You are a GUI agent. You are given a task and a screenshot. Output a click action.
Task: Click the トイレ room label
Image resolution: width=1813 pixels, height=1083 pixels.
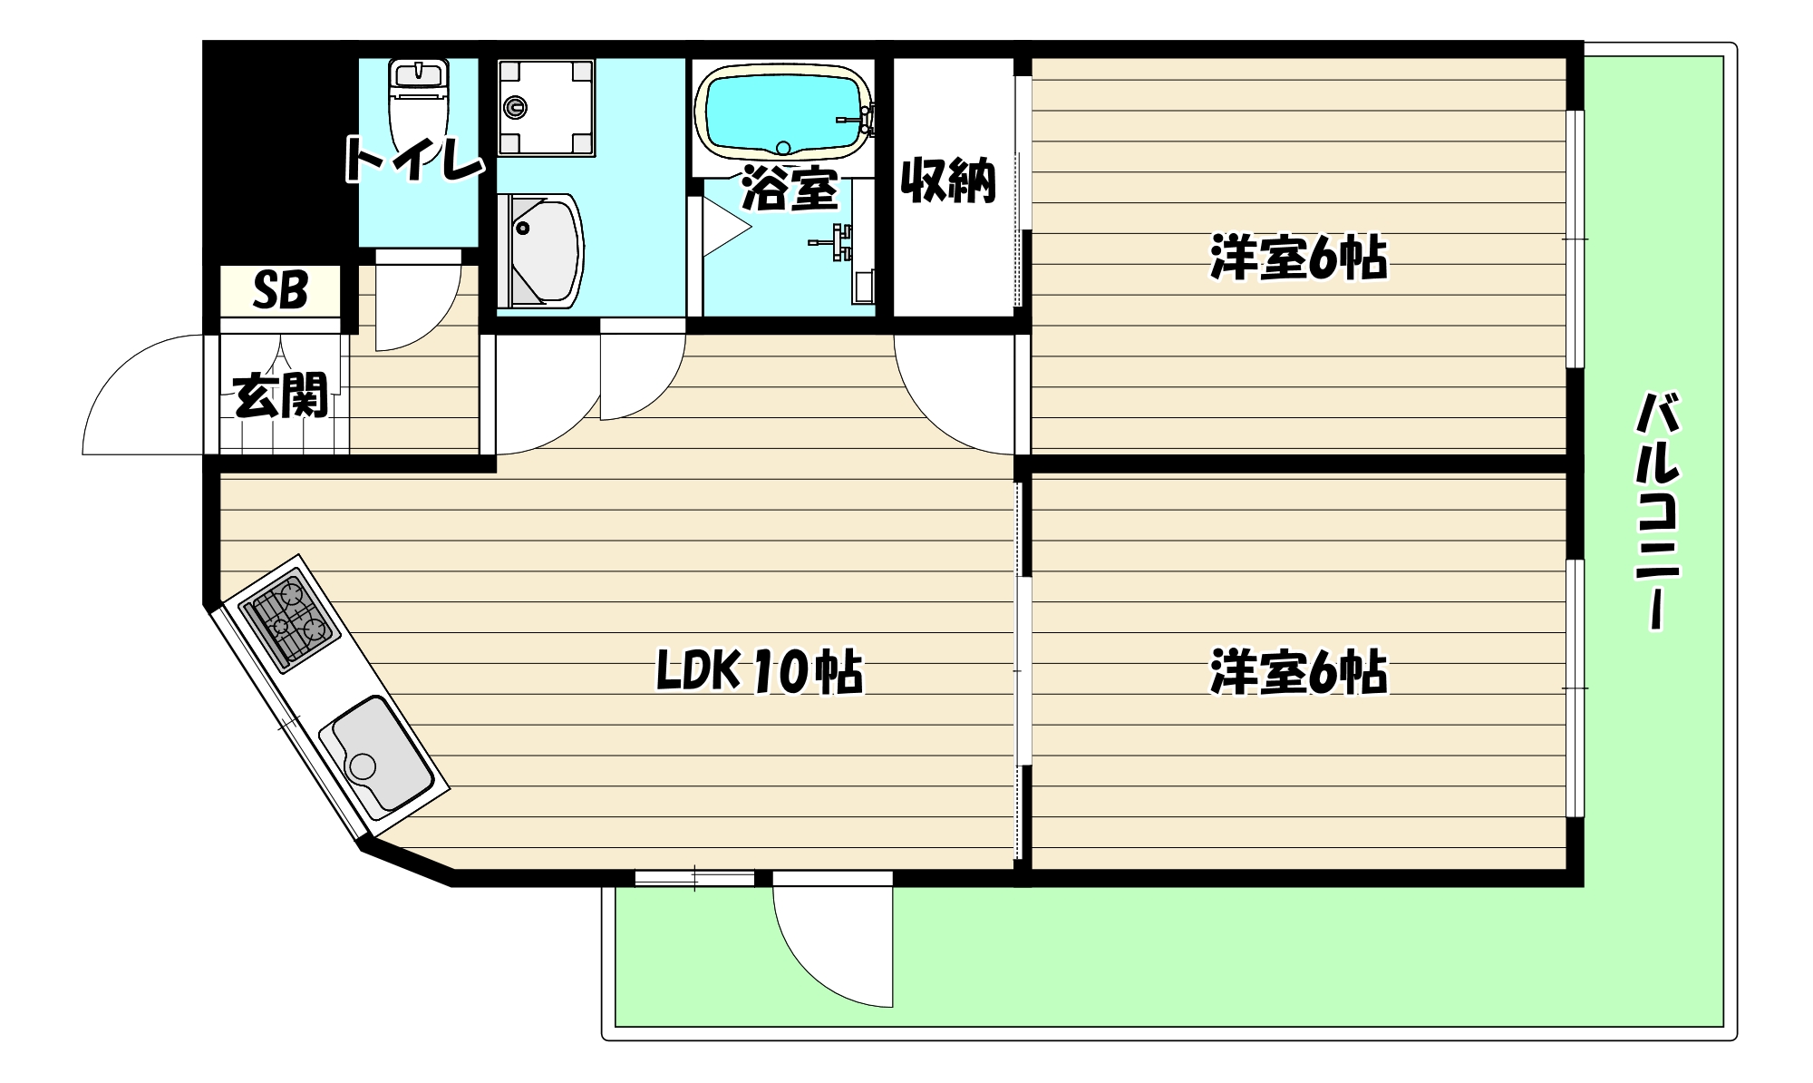(x=413, y=161)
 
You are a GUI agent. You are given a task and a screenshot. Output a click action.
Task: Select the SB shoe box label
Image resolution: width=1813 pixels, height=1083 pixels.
(x=280, y=290)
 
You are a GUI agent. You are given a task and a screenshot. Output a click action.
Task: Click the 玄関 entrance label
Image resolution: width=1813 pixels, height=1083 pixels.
(x=280, y=395)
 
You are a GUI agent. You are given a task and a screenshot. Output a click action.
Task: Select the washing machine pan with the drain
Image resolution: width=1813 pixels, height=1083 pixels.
(x=545, y=107)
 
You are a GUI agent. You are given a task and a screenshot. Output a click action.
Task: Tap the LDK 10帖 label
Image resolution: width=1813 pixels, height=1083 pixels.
(x=760, y=672)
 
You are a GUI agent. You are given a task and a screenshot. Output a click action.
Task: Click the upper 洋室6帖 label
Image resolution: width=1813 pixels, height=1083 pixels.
(x=1299, y=258)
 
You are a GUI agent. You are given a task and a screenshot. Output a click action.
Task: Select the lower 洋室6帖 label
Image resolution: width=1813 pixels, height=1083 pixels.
(x=1299, y=672)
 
